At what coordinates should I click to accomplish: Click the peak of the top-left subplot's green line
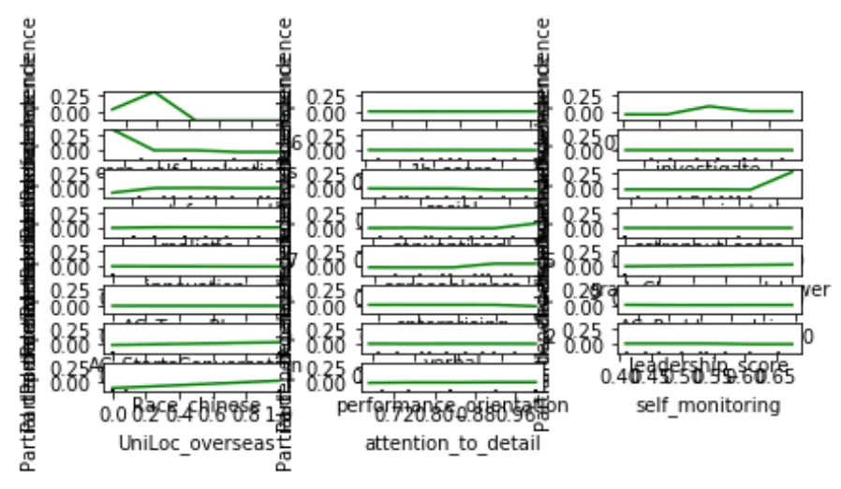click(x=154, y=92)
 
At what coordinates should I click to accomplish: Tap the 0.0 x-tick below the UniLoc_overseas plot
click(x=114, y=413)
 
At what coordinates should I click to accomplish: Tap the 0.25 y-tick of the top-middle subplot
click(x=332, y=96)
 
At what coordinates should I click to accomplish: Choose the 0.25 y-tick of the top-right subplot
click(x=590, y=96)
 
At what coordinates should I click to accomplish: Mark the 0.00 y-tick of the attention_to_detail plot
click(x=332, y=383)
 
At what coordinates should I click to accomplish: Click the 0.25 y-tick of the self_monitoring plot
click(x=590, y=328)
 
